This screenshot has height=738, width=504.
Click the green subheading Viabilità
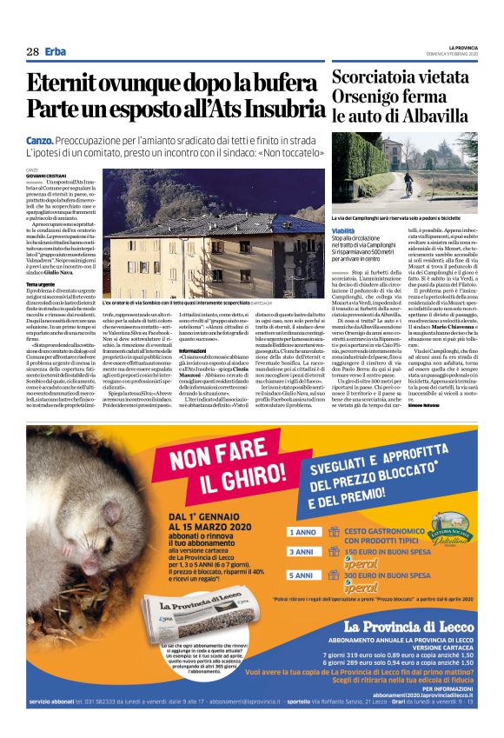click(343, 230)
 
